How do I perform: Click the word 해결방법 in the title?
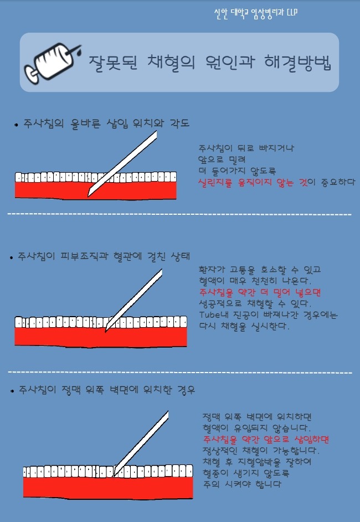(297, 62)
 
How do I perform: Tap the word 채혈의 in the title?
(171, 62)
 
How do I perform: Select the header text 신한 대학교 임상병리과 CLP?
(256, 13)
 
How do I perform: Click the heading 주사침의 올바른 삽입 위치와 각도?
(106, 123)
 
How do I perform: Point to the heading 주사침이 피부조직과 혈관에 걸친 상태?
(104, 256)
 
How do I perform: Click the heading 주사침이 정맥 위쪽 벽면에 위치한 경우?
(106, 390)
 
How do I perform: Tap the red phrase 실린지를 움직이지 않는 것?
(253, 183)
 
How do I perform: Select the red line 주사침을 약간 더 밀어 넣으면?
(260, 292)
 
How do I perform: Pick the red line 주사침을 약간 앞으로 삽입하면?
(266, 440)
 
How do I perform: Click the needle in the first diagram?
(122, 163)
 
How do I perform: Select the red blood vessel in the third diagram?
(108, 488)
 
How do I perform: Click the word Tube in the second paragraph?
(209, 314)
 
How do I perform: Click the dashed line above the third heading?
(180, 372)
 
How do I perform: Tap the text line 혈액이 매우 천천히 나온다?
(255, 281)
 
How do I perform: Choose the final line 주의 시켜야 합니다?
(242, 484)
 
